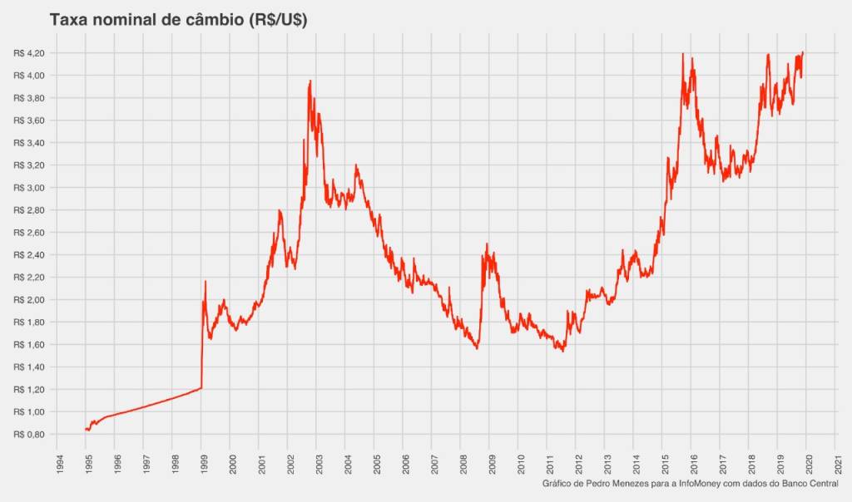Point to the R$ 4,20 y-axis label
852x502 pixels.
point(28,53)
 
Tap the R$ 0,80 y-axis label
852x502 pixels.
point(28,434)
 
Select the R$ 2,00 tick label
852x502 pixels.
point(28,300)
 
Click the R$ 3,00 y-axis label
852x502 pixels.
point(28,188)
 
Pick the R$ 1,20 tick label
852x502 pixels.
point(28,389)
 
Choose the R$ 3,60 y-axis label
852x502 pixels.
point(28,121)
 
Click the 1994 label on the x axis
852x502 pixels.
point(57,462)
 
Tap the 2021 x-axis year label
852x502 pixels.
point(837,462)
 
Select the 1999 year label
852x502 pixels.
point(202,462)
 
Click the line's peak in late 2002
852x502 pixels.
point(310,81)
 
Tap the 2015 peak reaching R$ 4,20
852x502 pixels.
point(683,54)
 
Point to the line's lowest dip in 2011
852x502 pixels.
point(563,351)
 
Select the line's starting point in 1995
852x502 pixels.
point(86,430)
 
